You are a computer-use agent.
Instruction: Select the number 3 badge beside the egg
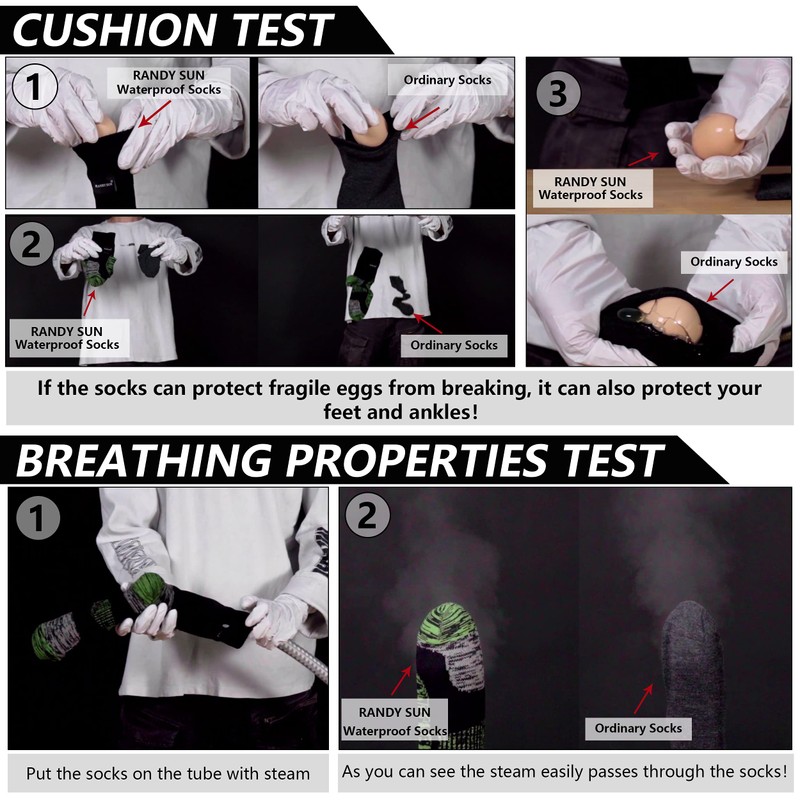(558, 94)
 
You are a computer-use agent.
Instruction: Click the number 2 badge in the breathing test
(367, 518)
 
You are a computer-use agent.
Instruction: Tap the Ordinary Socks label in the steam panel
(638, 728)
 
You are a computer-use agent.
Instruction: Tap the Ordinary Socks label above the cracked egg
(733, 262)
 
